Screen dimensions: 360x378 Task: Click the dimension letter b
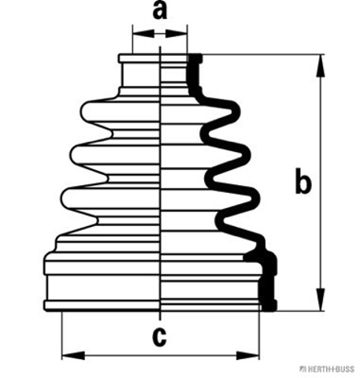coord(303,181)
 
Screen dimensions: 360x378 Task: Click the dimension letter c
coord(159,337)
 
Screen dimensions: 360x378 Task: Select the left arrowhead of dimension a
coord(143,34)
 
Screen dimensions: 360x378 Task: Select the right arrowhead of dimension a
coord(176,34)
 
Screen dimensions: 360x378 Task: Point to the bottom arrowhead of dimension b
coord(321,299)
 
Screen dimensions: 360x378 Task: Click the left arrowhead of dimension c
coord(73,356)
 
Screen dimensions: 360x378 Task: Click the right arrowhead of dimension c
coord(247,356)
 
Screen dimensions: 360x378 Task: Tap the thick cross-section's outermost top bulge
coord(236,113)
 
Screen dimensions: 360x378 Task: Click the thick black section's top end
coord(195,57)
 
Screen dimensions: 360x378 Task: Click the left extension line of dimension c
coord(62,335)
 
